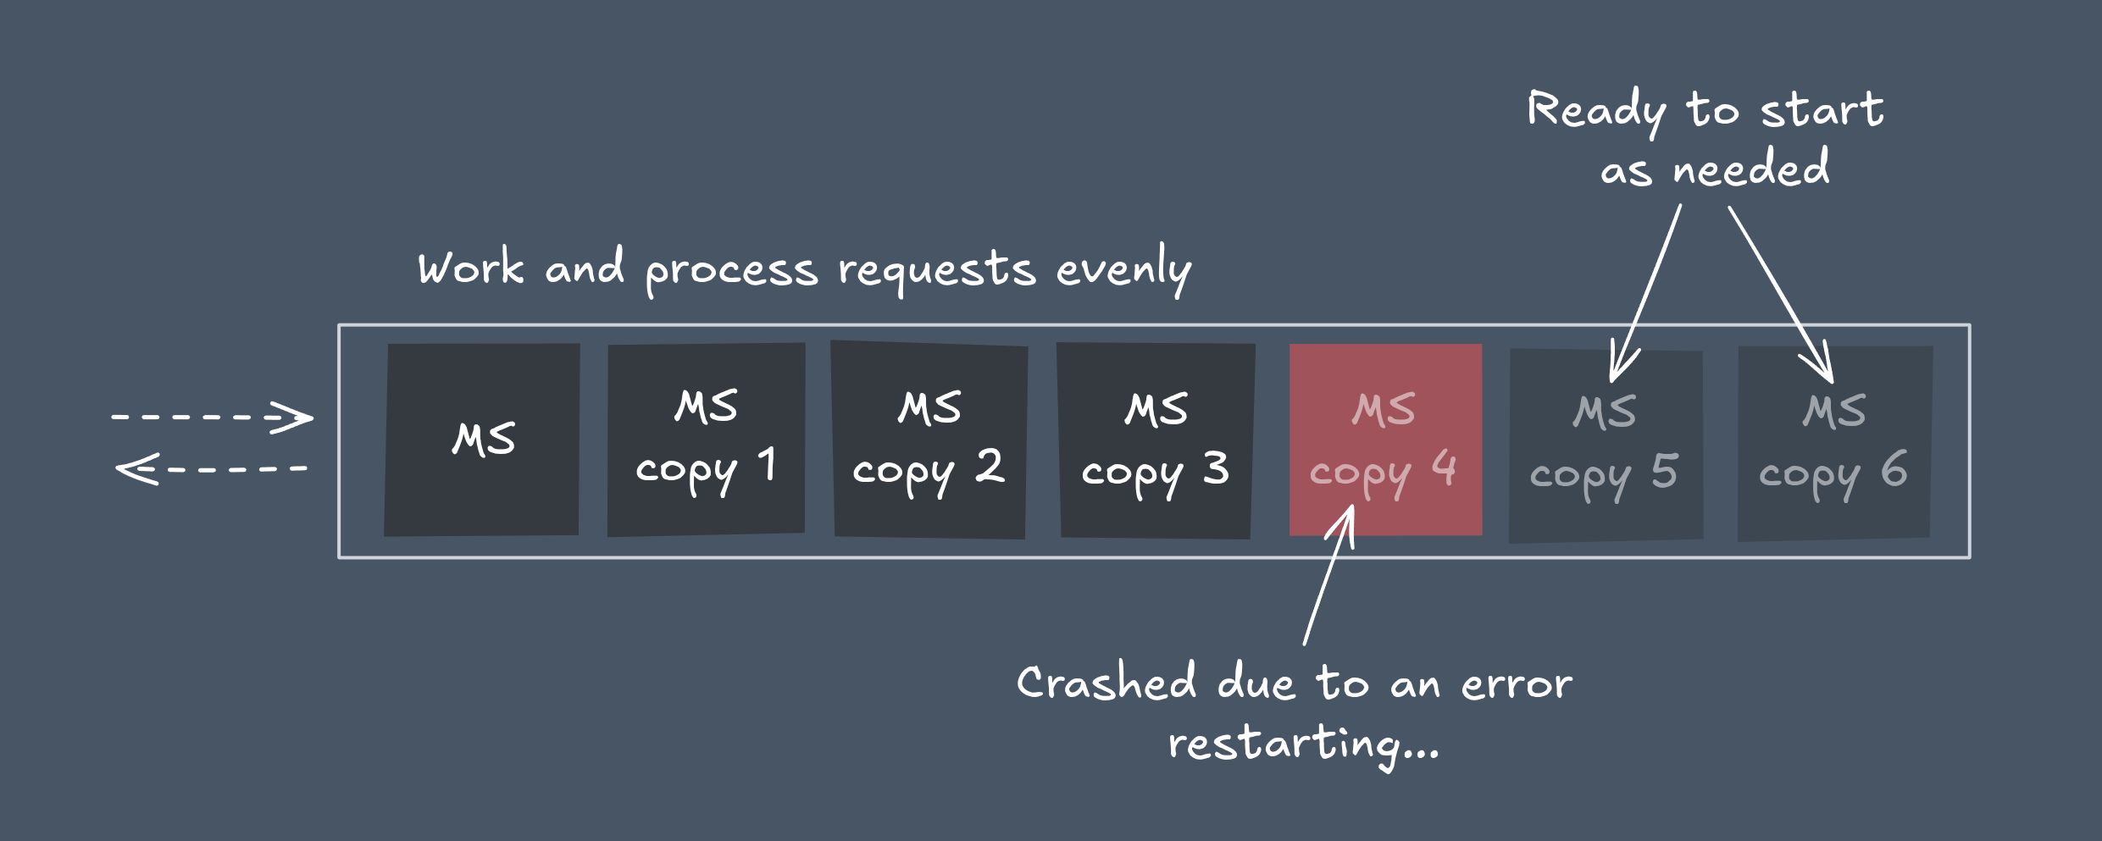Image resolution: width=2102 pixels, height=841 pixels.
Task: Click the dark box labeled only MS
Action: tap(481, 440)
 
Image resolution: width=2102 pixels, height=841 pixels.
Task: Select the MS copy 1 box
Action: tap(706, 440)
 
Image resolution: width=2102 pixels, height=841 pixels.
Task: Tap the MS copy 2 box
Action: tap(929, 440)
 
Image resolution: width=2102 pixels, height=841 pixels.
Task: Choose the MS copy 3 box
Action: tap(1156, 440)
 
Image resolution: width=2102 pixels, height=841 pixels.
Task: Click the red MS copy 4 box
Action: tap(1385, 440)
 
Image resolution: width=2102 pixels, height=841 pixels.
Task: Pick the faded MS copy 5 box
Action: tap(1606, 445)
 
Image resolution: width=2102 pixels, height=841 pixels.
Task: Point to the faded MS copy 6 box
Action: tap(1834, 444)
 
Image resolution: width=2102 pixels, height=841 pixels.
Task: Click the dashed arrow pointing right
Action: tap(212, 417)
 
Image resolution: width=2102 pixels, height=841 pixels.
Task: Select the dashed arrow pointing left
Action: tap(212, 468)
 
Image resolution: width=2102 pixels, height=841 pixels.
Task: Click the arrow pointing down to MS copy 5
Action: tap(1645, 292)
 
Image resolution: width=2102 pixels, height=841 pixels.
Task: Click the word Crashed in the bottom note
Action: tap(1106, 683)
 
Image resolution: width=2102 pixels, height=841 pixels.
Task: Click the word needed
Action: tap(1750, 168)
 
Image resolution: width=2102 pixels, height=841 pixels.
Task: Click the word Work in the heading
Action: tap(471, 268)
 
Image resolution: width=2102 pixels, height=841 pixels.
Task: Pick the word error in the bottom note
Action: tap(1517, 684)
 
